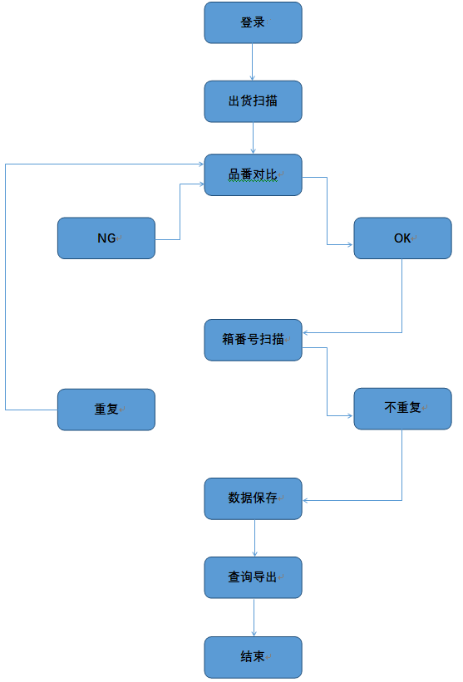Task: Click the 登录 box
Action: tap(253, 22)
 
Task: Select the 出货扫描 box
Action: tap(253, 101)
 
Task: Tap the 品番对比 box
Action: tap(253, 174)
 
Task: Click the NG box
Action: tap(106, 238)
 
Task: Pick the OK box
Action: tap(402, 238)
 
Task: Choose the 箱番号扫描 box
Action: tap(253, 340)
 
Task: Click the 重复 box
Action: tap(106, 410)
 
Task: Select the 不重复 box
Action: tap(402, 409)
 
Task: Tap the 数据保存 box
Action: tap(253, 499)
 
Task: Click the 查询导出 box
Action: tap(253, 577)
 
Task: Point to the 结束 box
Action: tap(253, 657)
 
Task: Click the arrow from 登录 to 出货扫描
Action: tap(252, 61)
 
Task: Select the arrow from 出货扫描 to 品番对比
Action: tap(253, 138)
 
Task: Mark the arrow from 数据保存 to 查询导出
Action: tap(254, 538)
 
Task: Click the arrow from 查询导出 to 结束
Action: tap(254, 617)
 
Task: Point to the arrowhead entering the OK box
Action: tap(350, 245)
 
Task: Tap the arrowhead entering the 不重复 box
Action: tap(350, 416)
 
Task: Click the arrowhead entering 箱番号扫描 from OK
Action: tap(305, 333)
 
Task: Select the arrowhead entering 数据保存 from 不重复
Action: tap(305, 501)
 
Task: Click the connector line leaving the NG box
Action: tap(180, 212)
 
